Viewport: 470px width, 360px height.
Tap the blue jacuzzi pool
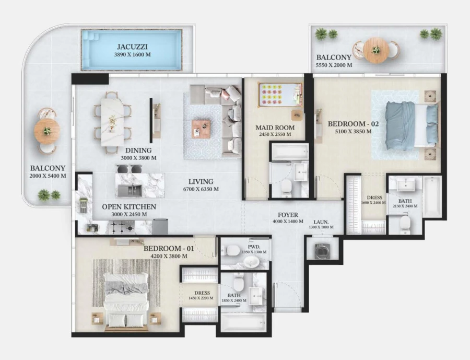131,50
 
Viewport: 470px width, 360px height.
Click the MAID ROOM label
275,127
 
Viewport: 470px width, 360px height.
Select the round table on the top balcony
376,50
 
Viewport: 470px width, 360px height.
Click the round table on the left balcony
47,131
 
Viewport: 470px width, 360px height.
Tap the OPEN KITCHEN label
128,207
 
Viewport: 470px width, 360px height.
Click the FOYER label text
288,215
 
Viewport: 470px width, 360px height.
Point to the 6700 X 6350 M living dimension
201,189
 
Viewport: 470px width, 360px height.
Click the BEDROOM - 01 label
169,249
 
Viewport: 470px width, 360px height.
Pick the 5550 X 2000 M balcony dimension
334,65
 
